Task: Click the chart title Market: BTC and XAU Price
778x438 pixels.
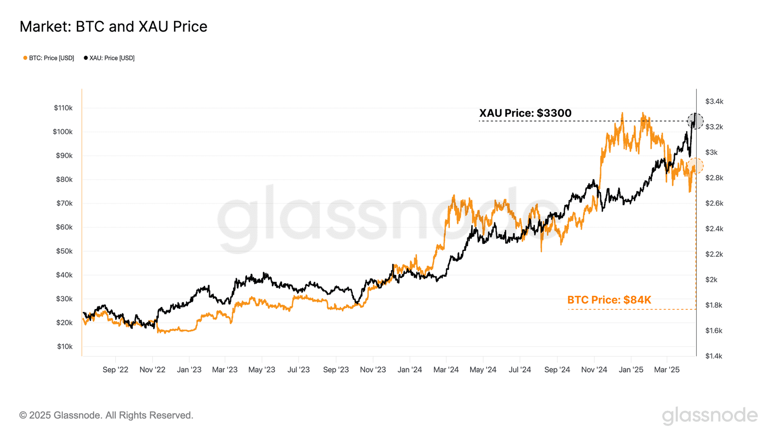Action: pos(113,26)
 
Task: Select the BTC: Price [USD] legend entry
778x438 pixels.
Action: pos(49,58)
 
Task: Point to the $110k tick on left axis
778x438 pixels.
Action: pos(63,108)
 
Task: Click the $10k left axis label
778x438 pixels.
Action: pos(65,347)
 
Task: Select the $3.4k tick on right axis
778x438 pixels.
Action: pos(714,101)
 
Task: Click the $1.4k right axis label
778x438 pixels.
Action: pos(714,356)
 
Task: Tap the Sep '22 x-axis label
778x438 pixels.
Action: pos(115,370)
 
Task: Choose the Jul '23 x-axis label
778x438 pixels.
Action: pos(298,370)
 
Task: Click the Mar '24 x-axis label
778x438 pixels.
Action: pos(446,370)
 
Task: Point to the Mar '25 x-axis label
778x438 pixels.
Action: pos(667,370)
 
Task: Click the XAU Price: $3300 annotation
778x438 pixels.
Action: pos(525,113)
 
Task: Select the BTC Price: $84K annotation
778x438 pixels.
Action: pos(609,300)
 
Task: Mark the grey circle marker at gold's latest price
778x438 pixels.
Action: pos(695,121)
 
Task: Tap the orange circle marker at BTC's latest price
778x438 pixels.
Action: pos(695,165)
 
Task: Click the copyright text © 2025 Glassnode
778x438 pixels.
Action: pos(106,415)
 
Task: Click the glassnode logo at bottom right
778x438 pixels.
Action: pos(709,415)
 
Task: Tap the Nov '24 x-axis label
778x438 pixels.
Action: pos(594,370)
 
